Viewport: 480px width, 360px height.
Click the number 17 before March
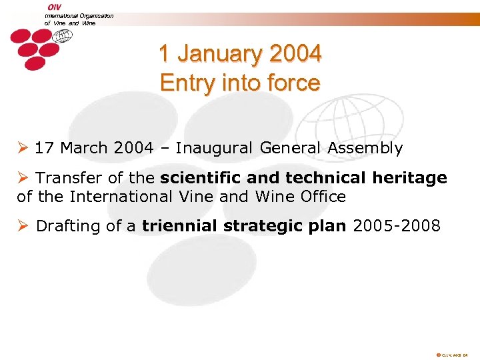pyautogui.click(x=44, y=148)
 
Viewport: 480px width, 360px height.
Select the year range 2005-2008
pyautogui.click(x=397, y=226)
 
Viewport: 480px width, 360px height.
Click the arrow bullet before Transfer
pyautogui.click(x=23, y=178)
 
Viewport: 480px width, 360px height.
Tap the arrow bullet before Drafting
pyautogui.click(x=23, y=226)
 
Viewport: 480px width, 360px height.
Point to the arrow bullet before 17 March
pyautogui.click(x=23, y=148)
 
